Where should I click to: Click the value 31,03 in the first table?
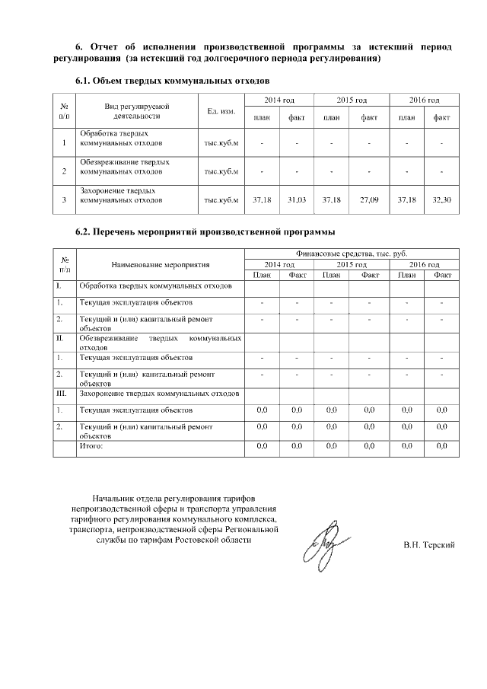[x=297, y=199]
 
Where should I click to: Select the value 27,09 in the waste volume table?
[x=369, y=199]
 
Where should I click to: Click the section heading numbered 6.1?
[x=172, y=80]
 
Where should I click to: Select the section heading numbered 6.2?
[x=205, y=231]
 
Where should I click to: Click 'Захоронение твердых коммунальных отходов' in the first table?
[x=120, y=196]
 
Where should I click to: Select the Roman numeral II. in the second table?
[x=59, y=337]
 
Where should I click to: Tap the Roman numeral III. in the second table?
[x=61, y=393]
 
